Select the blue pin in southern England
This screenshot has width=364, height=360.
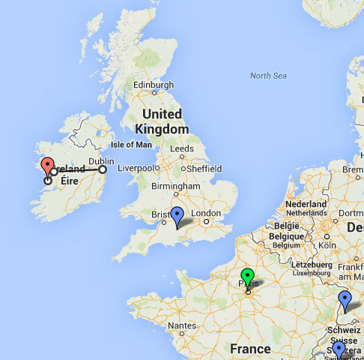(x=178, y=216)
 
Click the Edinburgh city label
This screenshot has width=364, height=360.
(x=153, y=85)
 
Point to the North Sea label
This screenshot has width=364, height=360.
(x=268, y=76)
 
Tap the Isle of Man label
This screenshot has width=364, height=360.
(x=131, y=145)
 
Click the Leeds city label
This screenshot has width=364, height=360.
(x=182, y=149)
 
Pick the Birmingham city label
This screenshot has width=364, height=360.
(x=175, y=186)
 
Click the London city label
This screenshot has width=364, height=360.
(x=206, y=212)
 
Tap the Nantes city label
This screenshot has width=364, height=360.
(x=183, y=325)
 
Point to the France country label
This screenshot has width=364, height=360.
(x=250, y=349)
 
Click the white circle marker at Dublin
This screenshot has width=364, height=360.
(x=103, y=169)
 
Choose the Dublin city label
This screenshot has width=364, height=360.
(x=101, y=160)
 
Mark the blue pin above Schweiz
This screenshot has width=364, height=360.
(x=345, y=299)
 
